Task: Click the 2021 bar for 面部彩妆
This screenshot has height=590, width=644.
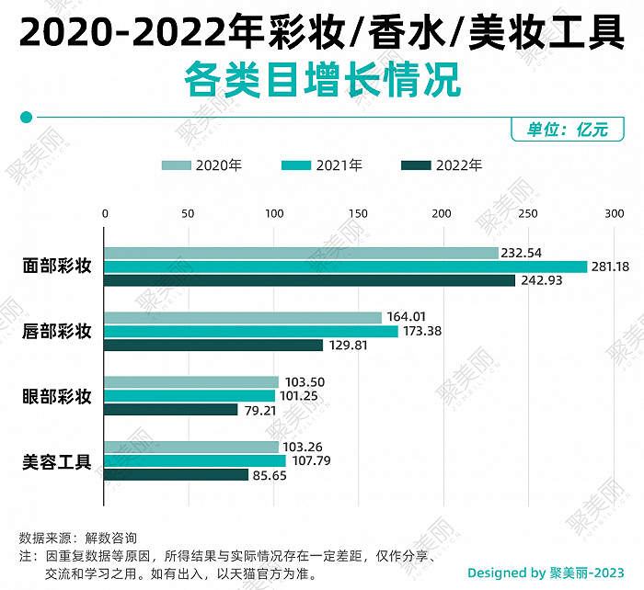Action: [345, 267]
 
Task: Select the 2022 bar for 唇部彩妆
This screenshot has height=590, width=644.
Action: [213, 346]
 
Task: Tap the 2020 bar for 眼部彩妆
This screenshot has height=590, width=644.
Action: [191, 382]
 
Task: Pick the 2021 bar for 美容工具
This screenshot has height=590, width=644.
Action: [195, 460]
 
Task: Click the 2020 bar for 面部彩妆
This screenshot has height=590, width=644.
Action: [301, 253]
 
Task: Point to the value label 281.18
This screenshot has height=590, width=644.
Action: [611, 267]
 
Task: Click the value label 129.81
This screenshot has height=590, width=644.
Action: [349, 346]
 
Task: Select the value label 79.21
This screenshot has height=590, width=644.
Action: [260, 410]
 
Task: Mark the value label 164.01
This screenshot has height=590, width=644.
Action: [407, 317]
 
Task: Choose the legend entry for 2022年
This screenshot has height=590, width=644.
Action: [443, 165]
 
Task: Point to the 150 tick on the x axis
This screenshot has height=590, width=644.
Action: [358, 213]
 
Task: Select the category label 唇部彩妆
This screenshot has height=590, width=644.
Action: [57, 331]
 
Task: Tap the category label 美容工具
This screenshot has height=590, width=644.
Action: [57, 461]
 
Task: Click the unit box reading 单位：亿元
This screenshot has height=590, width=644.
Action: [567, 130]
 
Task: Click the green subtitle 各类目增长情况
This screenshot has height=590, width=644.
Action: [321, 80]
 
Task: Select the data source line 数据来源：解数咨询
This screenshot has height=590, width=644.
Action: [77, 538]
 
